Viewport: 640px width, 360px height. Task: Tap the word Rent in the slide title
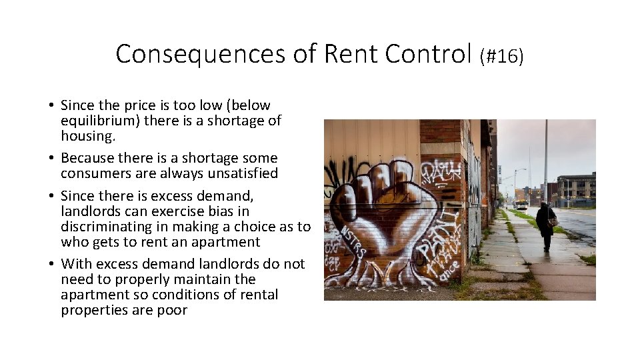(351, 54)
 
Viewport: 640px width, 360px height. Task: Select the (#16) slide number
(501, 56)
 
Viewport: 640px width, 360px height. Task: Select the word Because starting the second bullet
(87, 158)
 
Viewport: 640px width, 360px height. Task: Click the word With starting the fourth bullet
(74, 264)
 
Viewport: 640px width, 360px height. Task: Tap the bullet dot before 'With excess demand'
(51, 265)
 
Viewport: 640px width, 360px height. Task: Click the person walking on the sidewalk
(545, 224)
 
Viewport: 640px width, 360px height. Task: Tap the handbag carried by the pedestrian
(553, 221)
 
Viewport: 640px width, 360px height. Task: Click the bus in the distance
(521, 205)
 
